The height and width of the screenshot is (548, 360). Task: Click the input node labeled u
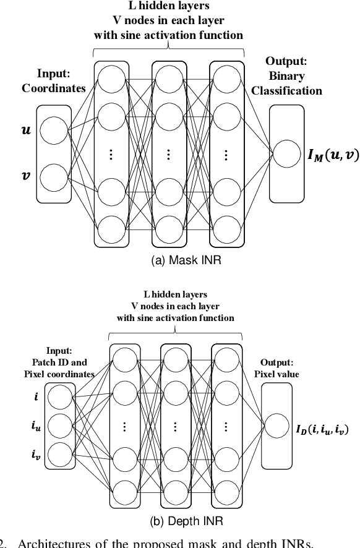tap(54, 131)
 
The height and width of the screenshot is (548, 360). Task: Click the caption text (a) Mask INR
tap(186, 260)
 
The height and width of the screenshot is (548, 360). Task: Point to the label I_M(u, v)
tap(333, 155)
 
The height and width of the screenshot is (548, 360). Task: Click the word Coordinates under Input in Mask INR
tap(54, 88)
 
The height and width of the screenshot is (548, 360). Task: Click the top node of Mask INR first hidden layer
tap(113, 79)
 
